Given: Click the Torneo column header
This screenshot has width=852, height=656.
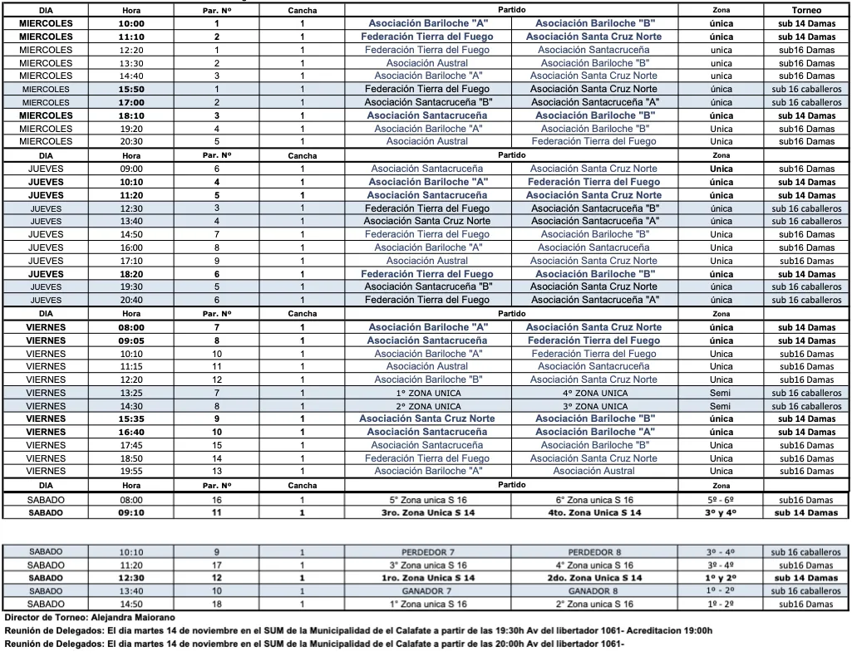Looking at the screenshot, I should coord(807,10).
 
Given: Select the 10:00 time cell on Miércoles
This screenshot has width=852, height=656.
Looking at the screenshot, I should coord(131,23).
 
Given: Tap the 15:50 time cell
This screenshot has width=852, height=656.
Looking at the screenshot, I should coord(131,89).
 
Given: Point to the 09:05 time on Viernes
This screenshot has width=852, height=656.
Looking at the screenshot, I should coord(131,340).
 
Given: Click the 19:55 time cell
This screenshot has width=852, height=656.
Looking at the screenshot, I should coord(131,471).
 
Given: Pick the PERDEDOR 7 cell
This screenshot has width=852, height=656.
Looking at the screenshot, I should coord(428,551).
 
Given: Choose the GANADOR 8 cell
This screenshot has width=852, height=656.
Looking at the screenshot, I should coord(594,591).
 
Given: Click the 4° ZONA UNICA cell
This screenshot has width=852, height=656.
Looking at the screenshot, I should coord(594,393).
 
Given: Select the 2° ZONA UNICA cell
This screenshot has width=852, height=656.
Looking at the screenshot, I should coord(428,406).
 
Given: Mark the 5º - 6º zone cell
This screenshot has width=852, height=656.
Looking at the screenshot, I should coord(721,500).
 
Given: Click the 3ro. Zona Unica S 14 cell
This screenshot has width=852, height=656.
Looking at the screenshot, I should coord(428,513).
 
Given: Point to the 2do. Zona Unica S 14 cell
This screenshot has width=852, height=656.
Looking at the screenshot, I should coord(594,578).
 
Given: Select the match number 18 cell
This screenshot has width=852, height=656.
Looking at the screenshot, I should coord(217,605).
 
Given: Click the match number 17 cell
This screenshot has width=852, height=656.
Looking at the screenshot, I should coord(217,565).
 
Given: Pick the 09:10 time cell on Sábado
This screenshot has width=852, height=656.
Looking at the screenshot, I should coord(131,513).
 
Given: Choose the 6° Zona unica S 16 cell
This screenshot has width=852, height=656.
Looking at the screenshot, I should coord(594,500).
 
